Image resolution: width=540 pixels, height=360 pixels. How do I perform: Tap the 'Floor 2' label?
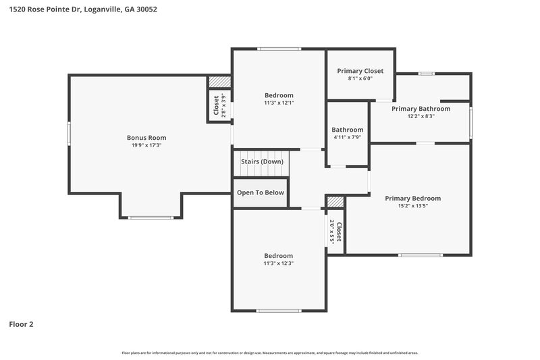click(x=21, y=324)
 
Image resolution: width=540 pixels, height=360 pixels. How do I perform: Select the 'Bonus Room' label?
click(x=146, y=138)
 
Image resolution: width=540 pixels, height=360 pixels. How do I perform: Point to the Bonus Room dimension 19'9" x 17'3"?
click(x=146, y=145)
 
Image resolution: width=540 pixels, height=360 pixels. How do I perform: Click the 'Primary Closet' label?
click(x=360, y=71)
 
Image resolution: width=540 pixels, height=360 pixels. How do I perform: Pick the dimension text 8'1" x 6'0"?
click(x=360, y=78)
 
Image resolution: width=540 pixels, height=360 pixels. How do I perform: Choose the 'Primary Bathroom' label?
click(x=421, y=109)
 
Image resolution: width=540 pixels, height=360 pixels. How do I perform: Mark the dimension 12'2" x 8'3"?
click(x=421, y=116)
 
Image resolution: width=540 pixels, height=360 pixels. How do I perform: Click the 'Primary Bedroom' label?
click(x=412, y=199)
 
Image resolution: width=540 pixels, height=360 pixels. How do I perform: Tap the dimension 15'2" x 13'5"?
click(x=412, y=206)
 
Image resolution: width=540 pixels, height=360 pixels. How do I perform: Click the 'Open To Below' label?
click(x=261, y=192)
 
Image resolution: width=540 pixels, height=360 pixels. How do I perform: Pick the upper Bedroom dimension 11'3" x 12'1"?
click(x=279, y=103)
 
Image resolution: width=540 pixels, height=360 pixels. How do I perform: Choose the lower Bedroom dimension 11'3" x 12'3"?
click(x=279, y=263)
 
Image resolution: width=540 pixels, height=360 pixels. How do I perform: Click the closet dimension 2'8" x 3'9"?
click(x=225, y=106)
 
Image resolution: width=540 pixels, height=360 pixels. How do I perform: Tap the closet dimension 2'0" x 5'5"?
click(x=331, y=232)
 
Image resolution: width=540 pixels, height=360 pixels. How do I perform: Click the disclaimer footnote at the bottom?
click(x=270, y=353)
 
